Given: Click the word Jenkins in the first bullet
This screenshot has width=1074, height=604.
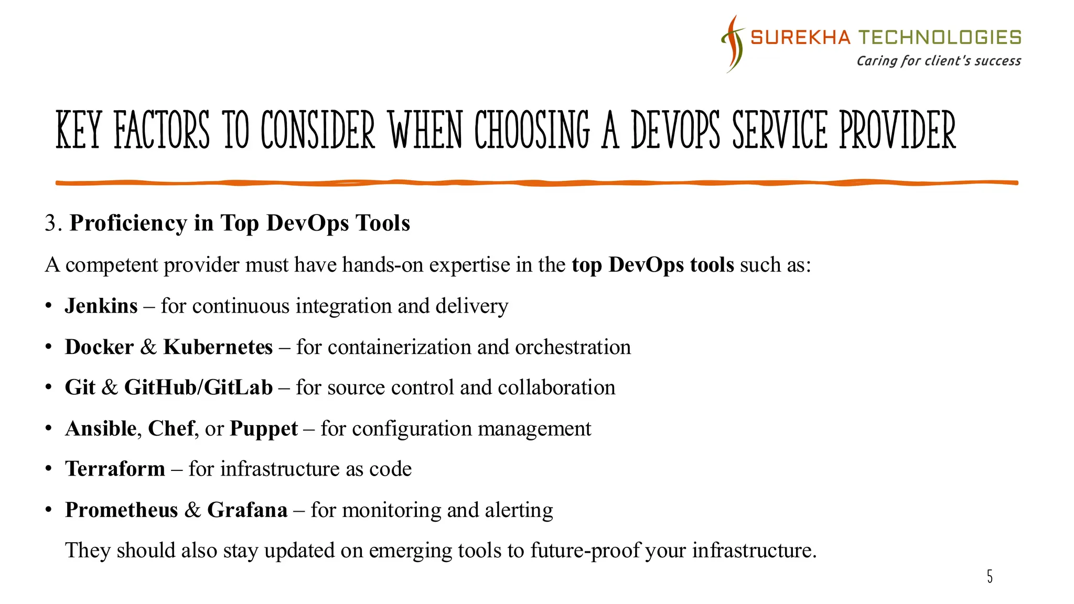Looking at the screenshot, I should (x=101, y=306).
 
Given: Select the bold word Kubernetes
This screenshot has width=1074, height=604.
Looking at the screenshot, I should (x=218, y=347).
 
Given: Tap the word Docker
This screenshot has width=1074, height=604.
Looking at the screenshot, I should (x=100, y=347).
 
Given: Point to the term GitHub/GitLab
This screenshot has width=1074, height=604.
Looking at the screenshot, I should (x=198, y=388).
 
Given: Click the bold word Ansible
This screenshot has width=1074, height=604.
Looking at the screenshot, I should (x=101, y=429).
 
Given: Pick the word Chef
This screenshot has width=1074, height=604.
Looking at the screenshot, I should (x=171, y=429).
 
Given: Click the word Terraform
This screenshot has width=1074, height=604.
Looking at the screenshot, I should (x=115, y=469).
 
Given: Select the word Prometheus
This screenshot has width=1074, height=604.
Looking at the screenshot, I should (x=122, y=510).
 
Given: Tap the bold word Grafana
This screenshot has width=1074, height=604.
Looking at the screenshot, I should (x=248, y=510).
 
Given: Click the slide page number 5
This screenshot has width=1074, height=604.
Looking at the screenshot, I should (x=990, y=577).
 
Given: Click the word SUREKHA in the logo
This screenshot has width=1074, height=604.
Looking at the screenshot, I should (x=800, y=38).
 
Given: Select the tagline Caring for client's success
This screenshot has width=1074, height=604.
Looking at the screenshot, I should (x=939, y=61).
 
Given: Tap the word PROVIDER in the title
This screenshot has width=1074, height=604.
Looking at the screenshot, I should (x=898, y=130).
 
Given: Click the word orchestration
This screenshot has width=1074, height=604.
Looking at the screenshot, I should (x=573, y=347).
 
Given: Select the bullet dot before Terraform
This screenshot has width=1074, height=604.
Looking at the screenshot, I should (x=49, y=469).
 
